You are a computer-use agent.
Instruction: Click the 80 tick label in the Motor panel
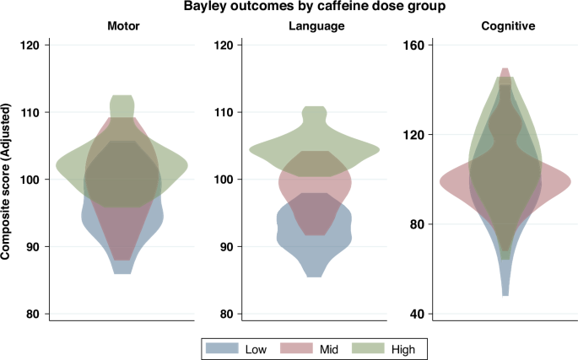tap(33, 314)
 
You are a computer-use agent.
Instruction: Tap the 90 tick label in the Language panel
tap(224, 247)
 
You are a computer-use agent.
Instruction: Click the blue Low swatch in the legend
tap(222, 347)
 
